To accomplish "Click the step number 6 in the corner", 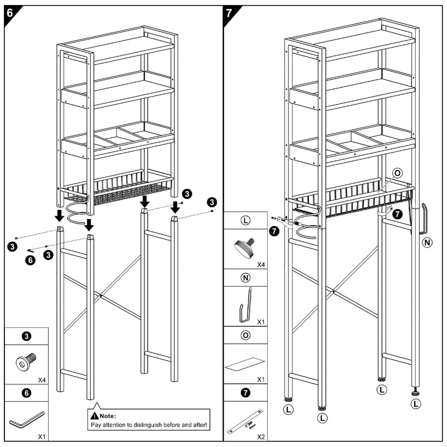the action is pyautogui.click(x=9, y=13).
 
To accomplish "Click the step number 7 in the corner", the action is pyautogui.click(x=229, y=13).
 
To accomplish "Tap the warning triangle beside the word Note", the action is pyautogui.click(x=94, y=416).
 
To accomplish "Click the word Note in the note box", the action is pyautogui.click(x=107, y=416).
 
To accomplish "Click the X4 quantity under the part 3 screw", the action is pyautogui.click(x=42, y=380).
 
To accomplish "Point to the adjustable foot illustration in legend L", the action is pyautogui.click(x=244, y=248).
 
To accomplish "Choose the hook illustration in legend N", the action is pyautogui.click(x=245, y=306).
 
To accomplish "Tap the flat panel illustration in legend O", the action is pyautogui.click(x=245, y=364).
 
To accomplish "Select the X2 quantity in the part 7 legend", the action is pyautogui.click(x=261, y=437).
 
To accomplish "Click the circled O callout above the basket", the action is pyautogui.click(x=397, y=173).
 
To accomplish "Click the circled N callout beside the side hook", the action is pyautogui.click(x=427, y=242).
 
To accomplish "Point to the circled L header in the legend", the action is pyautogui.click(x=245, y=220).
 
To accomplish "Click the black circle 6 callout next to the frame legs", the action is pyautogui.click(x=31, y=260).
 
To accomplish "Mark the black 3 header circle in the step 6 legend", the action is pyautogui.click(x=26, y=336).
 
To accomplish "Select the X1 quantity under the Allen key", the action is pyautogui.click(x=42, y=437).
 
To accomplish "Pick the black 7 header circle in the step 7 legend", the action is pyautogui.click(x=245, y=393).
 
